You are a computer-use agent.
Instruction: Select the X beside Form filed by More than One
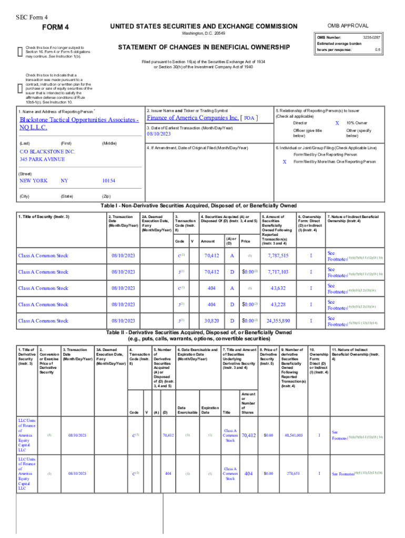click(x=285, y=162)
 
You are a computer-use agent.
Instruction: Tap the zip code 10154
click(x=109, y=181)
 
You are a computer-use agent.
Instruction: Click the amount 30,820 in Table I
click(x=211, y=320)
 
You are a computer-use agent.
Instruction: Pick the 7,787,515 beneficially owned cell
click(x=278, y=256)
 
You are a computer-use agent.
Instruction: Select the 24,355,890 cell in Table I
click(x=278, y=320)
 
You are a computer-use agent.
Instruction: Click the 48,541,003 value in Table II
click(x=293, y=436)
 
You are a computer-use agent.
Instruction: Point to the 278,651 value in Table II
click(x=293, y=473)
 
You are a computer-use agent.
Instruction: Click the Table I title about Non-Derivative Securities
click(x=202, y=205)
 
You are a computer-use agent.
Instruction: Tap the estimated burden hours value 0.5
click(x=377, y=50)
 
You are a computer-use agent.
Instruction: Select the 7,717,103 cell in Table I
click(x=278, y=272)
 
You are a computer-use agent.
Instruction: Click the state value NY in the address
click(x=64, y=181)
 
